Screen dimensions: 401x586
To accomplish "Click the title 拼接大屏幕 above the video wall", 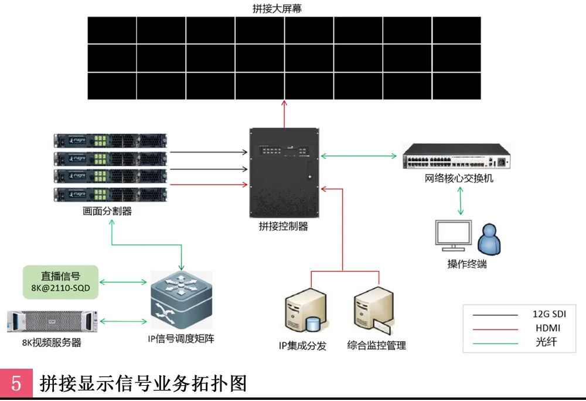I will pos(284,9).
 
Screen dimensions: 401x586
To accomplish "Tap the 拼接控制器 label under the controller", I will pos(284,227).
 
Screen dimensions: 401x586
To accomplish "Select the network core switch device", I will pos(456,156).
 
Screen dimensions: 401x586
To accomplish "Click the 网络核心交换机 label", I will pos(459,178).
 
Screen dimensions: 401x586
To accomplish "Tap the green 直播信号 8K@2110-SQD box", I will pos(60,281).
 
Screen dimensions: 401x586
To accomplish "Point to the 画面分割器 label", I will pos(107,211).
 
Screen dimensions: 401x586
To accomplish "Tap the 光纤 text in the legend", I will pos(546,342).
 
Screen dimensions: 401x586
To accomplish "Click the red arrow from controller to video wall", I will pos(284,113).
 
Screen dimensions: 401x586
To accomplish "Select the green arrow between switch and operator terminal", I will pos(461,201).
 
